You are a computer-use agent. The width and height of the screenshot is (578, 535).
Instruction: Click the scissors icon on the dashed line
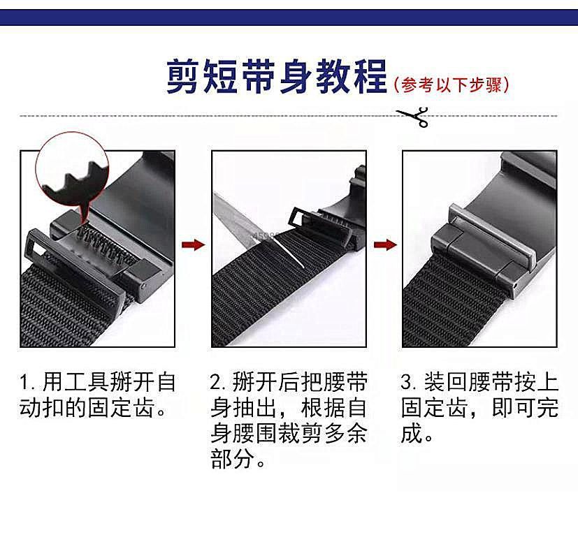[413, 116]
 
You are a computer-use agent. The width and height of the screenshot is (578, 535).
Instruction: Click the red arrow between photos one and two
[193, 244]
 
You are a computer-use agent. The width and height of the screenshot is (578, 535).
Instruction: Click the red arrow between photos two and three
[384, 244]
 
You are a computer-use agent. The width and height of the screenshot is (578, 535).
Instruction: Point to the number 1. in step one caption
[27, 383]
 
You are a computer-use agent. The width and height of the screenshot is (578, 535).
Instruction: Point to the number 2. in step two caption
[218, 383]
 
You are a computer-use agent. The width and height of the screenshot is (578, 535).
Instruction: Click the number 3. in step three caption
[409, 383]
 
